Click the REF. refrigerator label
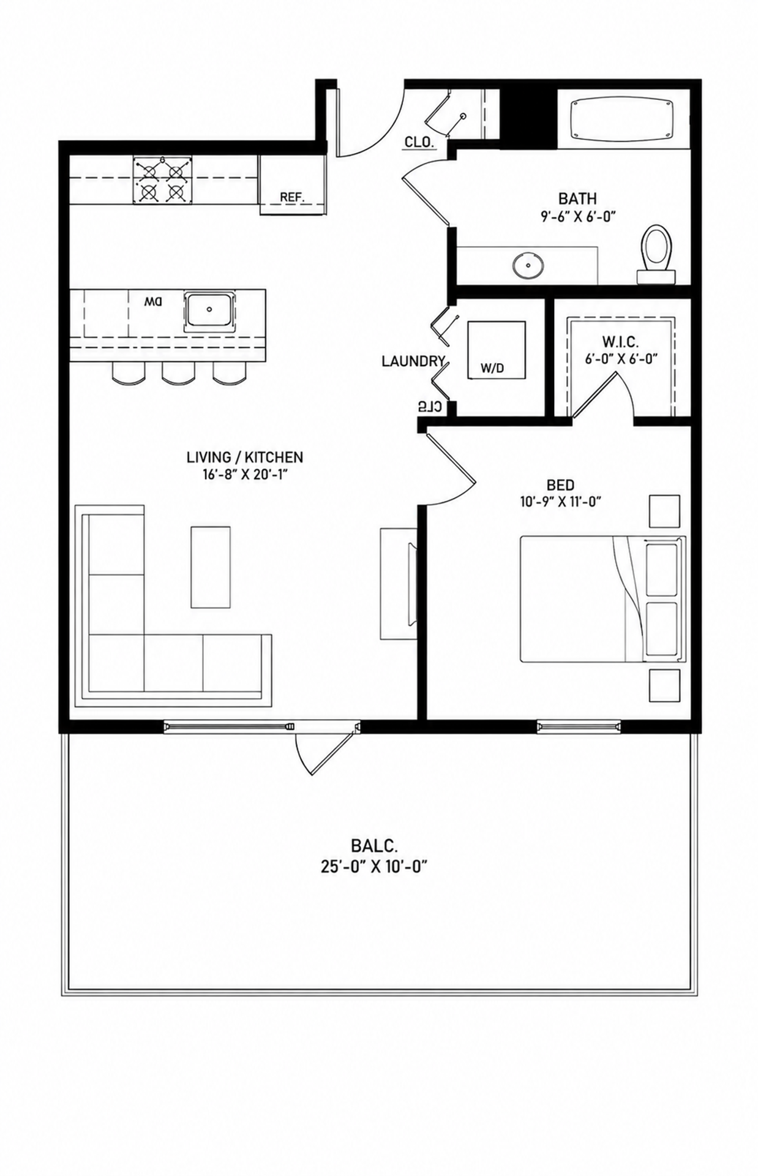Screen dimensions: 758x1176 pyautogui.click(x=292, y=197)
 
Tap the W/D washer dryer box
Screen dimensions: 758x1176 pyautogui.click(x=496, y=350)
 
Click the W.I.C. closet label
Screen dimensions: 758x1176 pyautogui.click(x=621, y=342)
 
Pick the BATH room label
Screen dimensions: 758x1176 pyautogui.click(x=577, y=198)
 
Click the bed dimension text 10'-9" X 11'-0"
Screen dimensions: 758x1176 pyautogui.click(x=560, y=502)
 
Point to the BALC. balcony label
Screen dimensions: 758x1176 pyautogui.click(x=375, y=847)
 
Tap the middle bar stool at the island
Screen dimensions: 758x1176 pyautogui.click(x=178, y=373)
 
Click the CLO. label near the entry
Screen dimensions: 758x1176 pyautogui.click(x=419, y=143)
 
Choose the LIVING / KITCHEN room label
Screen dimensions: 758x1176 pyautogui.click(x=245, y=457)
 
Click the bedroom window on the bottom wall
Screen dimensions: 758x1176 pyautogui.click(x=579, y=727)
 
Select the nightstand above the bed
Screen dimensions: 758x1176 pyautogui.click(x=664, y=511)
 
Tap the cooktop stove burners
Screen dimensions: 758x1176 pyautogui.click(x=162, y=179)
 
